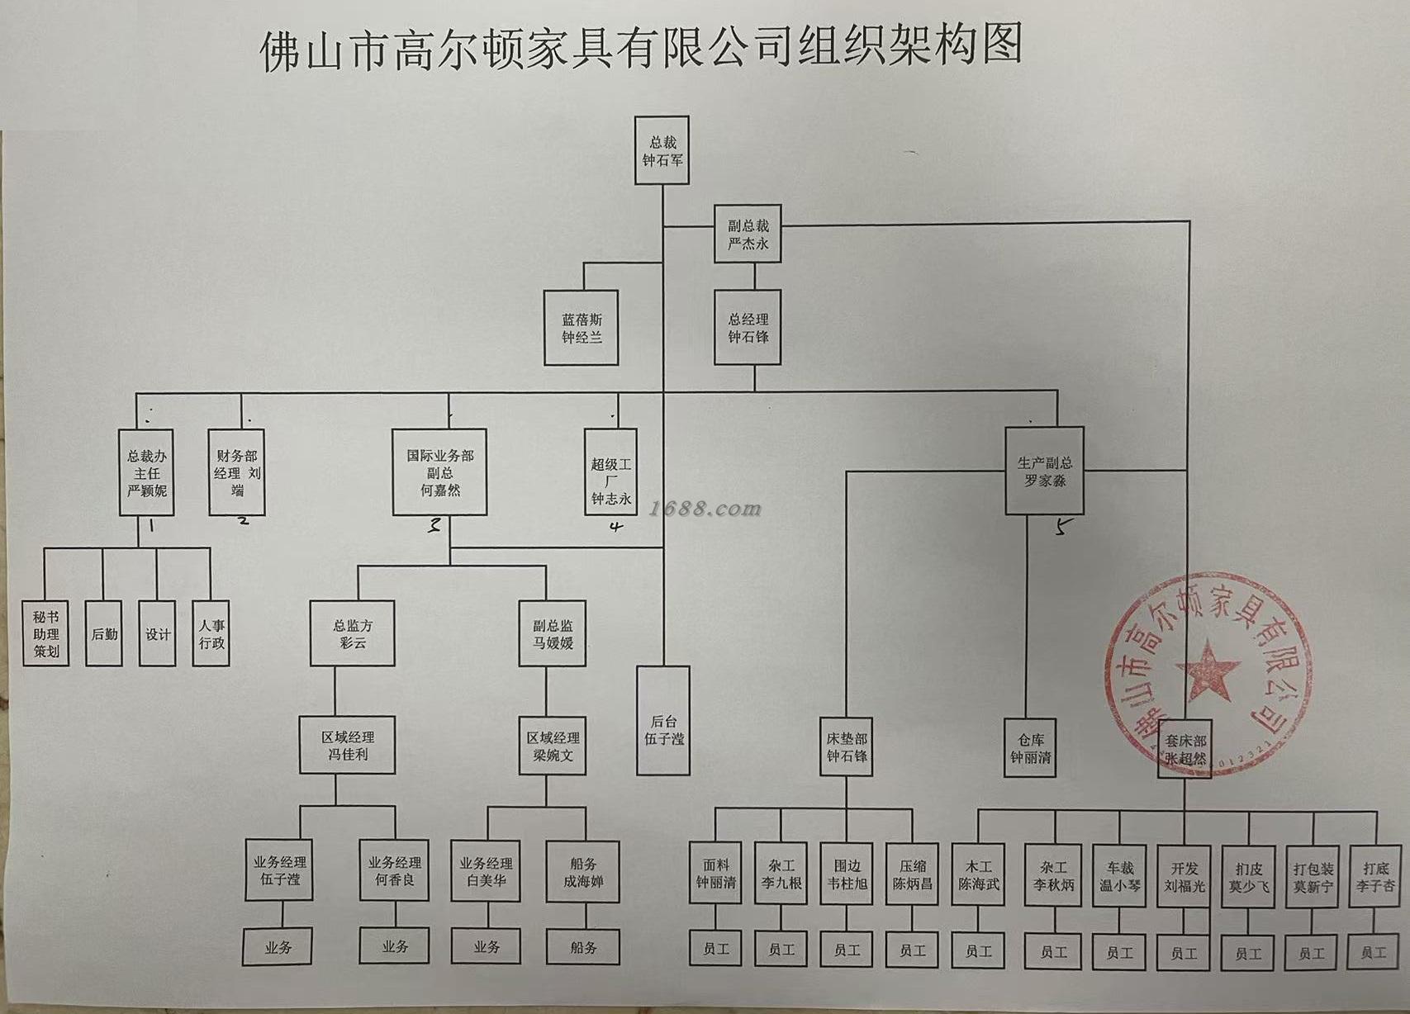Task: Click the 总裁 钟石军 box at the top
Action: click(662, 150)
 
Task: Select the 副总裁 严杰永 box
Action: click(748, 234)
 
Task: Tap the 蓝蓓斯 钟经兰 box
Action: click(582, 328)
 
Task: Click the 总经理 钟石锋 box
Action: click(748, 327)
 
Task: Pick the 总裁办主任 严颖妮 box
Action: click(146, 472)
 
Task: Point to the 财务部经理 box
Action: click(237, 472)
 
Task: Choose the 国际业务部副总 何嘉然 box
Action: click(439, 472)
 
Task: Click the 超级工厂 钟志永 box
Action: click(610, 473)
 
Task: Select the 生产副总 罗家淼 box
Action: click(1044, 471)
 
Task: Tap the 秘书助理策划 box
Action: click(45, 633)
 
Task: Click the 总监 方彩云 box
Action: click(353, 633)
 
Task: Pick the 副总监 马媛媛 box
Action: click(553, 633)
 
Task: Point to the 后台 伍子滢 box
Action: click(663, 721)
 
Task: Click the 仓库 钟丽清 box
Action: click(1030, 747)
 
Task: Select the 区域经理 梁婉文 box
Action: click(553, 746)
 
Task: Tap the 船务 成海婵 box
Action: click(583, 872)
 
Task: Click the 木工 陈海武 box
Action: click(979, 875)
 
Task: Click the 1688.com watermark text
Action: click(705, 509)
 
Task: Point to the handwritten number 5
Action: click(1064, 526)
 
